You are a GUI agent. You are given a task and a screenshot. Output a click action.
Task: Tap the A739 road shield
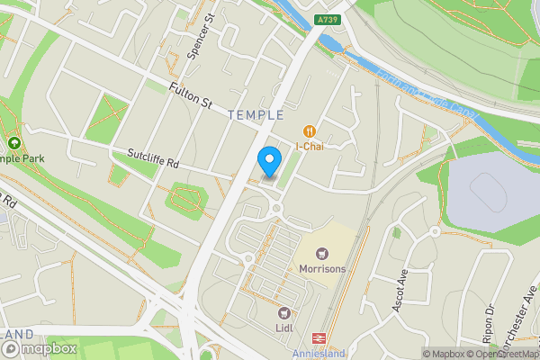[327, 18]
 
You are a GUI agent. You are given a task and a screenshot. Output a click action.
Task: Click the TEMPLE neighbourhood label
[256, 115]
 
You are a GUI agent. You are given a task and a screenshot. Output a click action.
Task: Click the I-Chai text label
[310, 147]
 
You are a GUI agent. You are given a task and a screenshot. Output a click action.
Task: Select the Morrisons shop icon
[322, 255]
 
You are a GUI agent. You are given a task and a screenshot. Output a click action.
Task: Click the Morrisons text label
[323, 270]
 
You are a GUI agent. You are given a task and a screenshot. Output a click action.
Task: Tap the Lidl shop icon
[286, 313]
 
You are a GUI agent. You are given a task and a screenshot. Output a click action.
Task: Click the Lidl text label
[286, 328]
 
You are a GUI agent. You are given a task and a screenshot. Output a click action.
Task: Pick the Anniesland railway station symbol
[319, 337]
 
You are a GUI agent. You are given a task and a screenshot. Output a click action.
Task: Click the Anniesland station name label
[319, 353]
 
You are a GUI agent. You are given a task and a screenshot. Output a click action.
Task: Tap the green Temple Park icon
[13, 144]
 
